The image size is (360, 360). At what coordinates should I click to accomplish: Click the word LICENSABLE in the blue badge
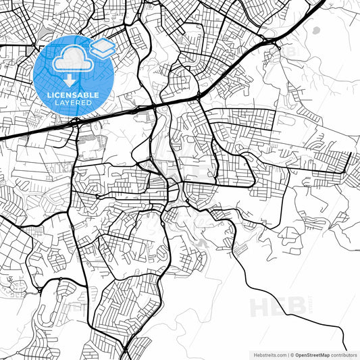[73, 95]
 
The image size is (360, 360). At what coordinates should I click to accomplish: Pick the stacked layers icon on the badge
[102, 48]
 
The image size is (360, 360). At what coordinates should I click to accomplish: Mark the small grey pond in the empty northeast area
[315, 30]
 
